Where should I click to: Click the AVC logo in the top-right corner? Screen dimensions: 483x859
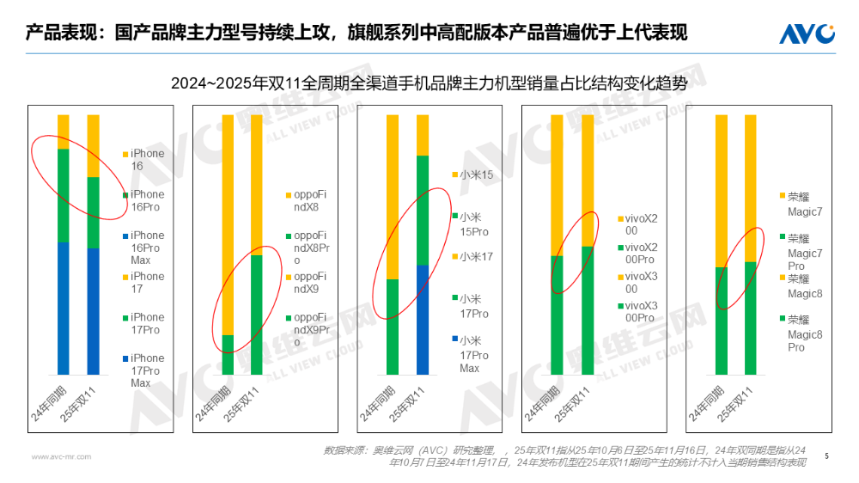[x=807, y=34]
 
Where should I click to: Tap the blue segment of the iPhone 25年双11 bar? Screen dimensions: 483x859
[x=93, y=311]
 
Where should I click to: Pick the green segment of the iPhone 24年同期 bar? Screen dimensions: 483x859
[x=63, y=195]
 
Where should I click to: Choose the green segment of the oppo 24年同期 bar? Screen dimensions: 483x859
[x=228, y=354]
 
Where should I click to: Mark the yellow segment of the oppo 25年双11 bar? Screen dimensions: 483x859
[x=257, y=185]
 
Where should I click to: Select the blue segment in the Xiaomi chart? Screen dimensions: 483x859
[x=423, y=319]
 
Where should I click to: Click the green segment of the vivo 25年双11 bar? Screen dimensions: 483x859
[x=588, y=310]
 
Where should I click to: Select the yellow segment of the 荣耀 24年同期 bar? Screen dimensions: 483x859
[x=722, y=191]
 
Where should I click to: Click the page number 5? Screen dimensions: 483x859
[x=826, y=455]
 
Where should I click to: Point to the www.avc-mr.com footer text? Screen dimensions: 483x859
[x=60, y=456]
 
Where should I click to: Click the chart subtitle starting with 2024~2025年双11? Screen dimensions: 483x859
[x=429, y=83]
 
